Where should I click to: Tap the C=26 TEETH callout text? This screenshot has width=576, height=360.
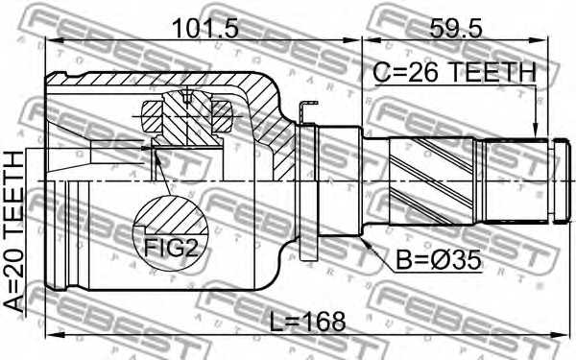(x=454, y=72)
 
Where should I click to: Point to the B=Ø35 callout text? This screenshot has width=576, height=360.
(x=439, y=260)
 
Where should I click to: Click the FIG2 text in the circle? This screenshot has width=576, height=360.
(x=171, y=248)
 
